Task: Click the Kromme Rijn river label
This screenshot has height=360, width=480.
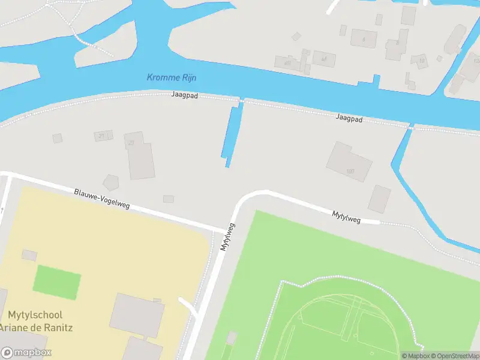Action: pyautogui.click(x=172, y=77)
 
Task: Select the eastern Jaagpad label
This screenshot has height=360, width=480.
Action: pyautogui.click(x=349, y=119)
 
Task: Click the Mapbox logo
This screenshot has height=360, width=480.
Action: pyautogui.click(x=26, y=353)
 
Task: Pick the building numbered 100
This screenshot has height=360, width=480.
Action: pyautogui.click(x=348, y=162)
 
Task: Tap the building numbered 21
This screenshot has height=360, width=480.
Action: pyautogui.click(x=103, y=136)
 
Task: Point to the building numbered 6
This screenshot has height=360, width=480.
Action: pyautogui.click(x=363, y=38)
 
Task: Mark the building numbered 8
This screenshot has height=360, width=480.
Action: pyautogui.click(x=396, y=47)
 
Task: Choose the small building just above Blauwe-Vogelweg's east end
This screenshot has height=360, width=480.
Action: pyautogui.click(x=169, y=199)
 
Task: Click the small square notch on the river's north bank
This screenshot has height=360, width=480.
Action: pyautogui.click(x=376, y=79)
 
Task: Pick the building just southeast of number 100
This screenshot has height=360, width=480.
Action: pyautogui.click(x=379, y=199)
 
